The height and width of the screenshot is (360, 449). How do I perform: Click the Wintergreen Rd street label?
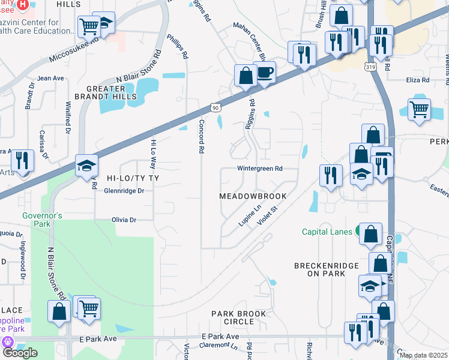[x=259, y=169]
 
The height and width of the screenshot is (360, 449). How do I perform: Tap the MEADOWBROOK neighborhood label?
[x=252, y=196]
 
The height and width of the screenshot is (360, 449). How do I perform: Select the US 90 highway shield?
[x=215, y=107]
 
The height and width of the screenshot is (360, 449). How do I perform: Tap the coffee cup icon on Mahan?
[x=264, y=73]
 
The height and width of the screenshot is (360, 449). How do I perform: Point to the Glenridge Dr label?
[x=116, y=191]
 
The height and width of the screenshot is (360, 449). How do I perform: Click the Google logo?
[x=20, y=353]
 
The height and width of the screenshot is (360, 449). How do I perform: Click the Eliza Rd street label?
[x=417, y=79]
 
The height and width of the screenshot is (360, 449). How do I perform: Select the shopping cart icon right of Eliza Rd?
[x=420, y=110]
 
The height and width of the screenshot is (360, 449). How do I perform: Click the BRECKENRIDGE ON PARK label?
[x=326, y=269]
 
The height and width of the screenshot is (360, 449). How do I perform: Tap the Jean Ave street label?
[x=50, y=78]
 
